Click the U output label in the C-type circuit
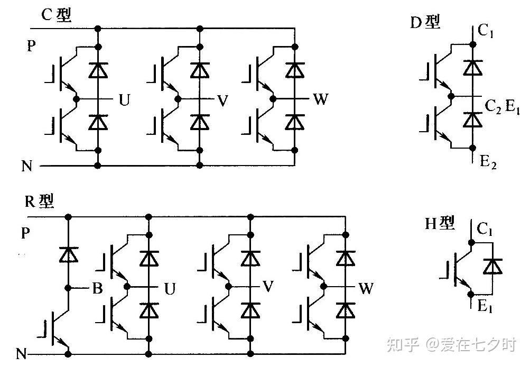point(124,100)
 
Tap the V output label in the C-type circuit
point(222,100)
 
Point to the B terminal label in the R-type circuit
point(97,289)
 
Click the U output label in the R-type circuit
point(170,289)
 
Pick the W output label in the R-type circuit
point(366,289)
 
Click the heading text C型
point(56,16)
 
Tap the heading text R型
point(39,202)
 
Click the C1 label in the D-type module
point(486,31)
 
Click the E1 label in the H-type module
point(485,307)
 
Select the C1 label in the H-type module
point(486,228)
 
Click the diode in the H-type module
point(494,266)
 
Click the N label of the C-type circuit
point(27,166)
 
